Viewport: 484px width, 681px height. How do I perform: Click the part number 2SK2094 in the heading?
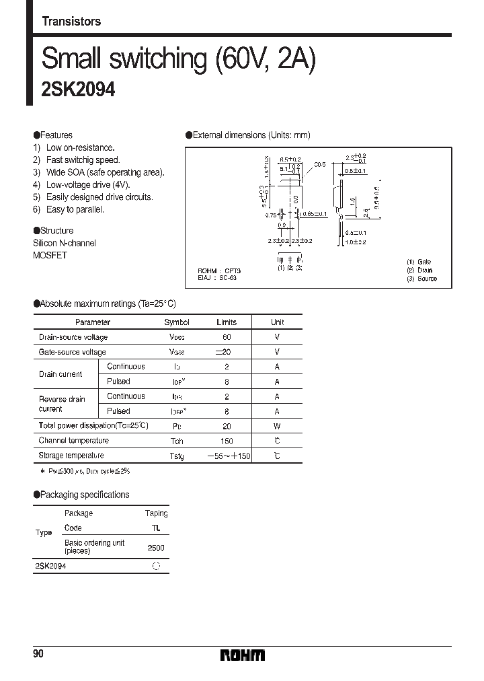tap(78, 90)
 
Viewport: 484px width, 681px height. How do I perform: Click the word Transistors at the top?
tap(71, 22)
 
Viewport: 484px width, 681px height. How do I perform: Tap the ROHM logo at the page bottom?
tap(243, 655)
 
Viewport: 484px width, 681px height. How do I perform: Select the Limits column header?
tap(227, 322)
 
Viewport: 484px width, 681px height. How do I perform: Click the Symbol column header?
tap(177, 322)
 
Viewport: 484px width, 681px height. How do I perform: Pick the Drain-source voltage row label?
tap(73, 337)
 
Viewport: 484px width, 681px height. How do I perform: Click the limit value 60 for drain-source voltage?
tap(227, 337)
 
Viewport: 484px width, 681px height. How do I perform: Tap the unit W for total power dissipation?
tap(277, 426)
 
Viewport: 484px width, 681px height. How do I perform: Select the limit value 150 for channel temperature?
tap(227, 441)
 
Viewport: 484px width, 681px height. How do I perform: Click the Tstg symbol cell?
tap(177, 456)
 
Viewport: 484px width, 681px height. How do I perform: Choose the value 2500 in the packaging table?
tap(156, 548)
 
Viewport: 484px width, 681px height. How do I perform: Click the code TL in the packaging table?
tap(156, 529)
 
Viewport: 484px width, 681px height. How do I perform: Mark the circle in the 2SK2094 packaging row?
tap(156, 567)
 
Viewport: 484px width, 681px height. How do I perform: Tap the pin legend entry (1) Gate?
tap(419, 262)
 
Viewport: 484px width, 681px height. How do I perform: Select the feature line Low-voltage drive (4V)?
tap(88, 185)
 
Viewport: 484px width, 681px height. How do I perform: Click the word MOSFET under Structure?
tap(50, 255)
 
